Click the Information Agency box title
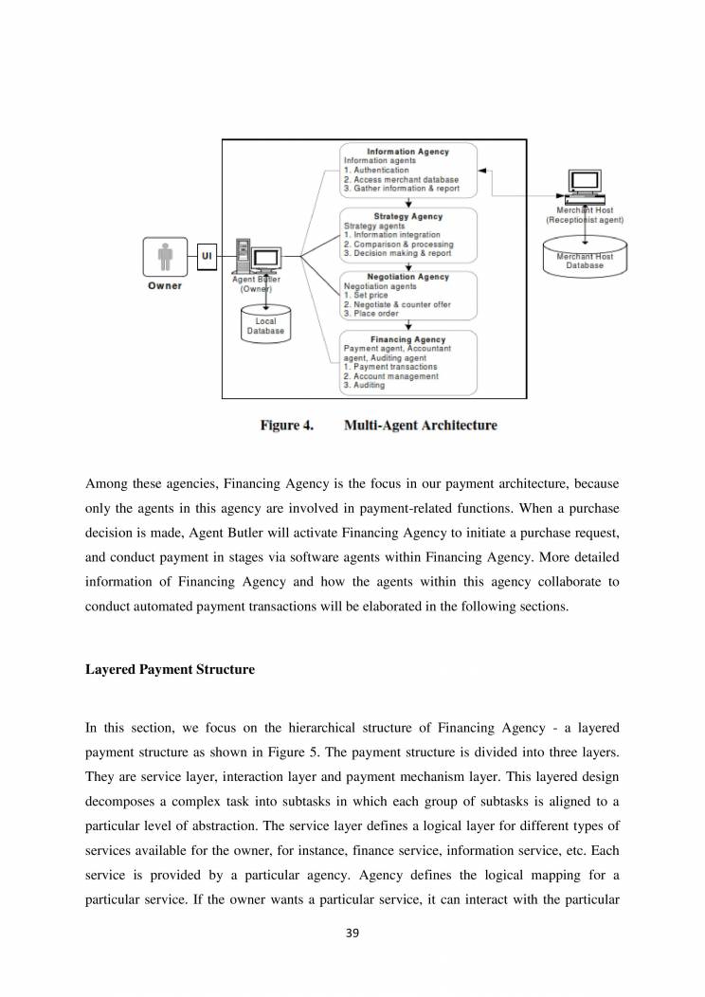coord(407,151)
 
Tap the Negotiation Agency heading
coord(409,277)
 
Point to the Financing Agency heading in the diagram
coord(409,338)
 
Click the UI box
coord(206,256)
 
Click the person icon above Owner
coord(165,257)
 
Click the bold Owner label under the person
coord(165,285)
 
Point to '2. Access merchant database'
coord(401,179)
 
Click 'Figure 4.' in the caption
coord(287,426)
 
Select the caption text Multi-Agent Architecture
coord(420,426)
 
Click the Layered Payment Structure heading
coord(170,669)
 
